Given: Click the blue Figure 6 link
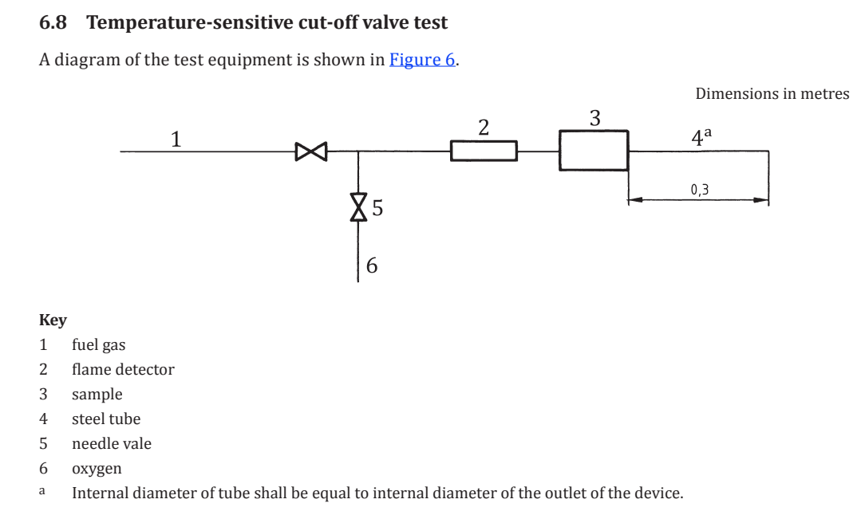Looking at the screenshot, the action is coord(422,59).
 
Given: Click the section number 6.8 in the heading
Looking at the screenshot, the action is coord(53,22).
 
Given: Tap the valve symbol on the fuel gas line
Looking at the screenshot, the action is coord(310,151).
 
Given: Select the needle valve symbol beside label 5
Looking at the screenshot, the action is coord(358,206).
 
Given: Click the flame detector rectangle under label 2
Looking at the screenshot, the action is coord(484,151).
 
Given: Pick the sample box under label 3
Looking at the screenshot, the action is coord(594,151).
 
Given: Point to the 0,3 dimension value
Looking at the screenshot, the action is coord(700,190).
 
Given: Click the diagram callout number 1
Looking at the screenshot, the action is coord(176,139).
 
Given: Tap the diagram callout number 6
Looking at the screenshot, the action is coord(372,265).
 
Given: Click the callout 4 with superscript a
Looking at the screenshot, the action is coord(701,136).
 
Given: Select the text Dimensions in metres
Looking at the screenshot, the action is coord(772,94).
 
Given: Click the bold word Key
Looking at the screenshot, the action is coord(53,320).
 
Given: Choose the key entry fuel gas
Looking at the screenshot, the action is coord(99,344).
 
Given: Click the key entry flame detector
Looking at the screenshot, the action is coord(123,369).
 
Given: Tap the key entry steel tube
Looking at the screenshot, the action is coord(106,419).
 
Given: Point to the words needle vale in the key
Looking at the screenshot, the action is coord(112,443).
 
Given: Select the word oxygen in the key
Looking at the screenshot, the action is coord(97,469).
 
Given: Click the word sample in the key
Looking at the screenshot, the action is coord(97,395).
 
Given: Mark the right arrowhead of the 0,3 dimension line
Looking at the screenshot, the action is coord(761,199).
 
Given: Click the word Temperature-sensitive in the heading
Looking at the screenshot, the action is coord(190,22).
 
